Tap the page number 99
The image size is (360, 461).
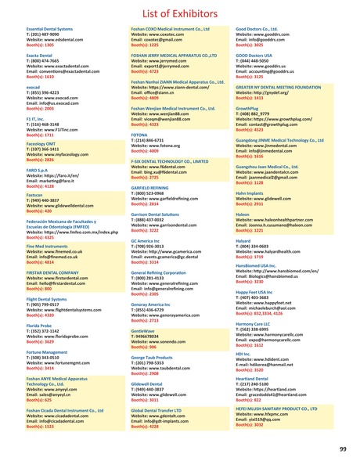tap(342, 448)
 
